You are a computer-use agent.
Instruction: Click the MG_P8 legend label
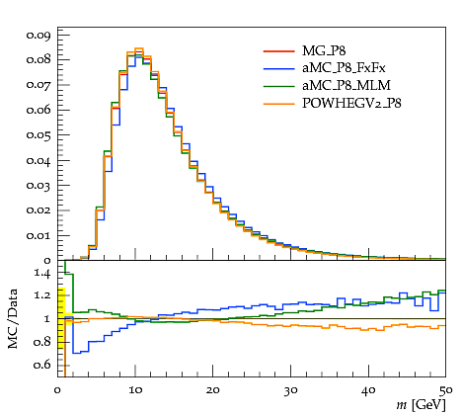[x=324, y=50]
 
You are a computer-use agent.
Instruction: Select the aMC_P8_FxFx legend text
[x=344, y=68]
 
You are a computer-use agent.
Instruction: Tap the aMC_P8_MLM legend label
[x=346, y=85]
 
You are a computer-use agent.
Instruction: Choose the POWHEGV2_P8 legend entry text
[x=351, y=103]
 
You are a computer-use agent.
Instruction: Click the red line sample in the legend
[x=278, y=51]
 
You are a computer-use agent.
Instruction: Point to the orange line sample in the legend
[x=278, y=104]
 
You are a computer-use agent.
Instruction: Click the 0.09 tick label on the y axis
[x=38, y=35]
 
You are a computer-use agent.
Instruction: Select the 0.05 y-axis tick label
[x=38, y=135]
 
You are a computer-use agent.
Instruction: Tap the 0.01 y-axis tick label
[x=38, y=236]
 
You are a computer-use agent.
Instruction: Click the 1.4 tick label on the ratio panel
[x=42, y=274]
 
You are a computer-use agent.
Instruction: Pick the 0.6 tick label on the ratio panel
[x=42, y=365]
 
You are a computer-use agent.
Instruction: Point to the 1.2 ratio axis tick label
[x=42, y=294]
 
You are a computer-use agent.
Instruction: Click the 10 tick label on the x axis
[x=135, y=390]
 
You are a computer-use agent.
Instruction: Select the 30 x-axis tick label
[x=290, y=390]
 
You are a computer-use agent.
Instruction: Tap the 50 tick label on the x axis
[x=445, y=390]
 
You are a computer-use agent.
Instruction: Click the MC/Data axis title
[x=13, y=318]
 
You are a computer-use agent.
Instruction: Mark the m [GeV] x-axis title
[x=421, y=405]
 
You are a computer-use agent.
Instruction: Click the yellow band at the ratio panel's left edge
[x=61, y=318]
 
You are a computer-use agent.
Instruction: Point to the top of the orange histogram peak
[x=139, y=48]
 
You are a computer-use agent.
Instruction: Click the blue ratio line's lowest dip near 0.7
[x=77, y=353]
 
